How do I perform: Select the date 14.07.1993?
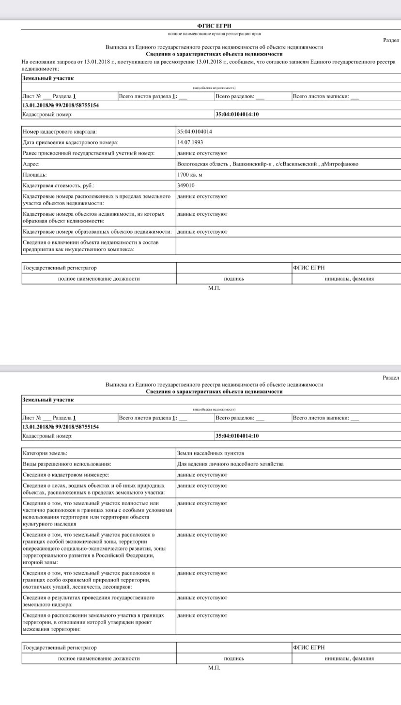190,142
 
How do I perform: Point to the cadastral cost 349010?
186,185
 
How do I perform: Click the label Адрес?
31,164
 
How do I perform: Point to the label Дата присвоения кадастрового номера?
71,142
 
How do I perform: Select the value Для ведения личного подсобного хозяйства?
231,464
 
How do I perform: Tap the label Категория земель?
45,453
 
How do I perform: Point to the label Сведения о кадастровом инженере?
66,475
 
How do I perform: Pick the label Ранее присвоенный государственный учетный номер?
89,153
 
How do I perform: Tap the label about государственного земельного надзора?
89,601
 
